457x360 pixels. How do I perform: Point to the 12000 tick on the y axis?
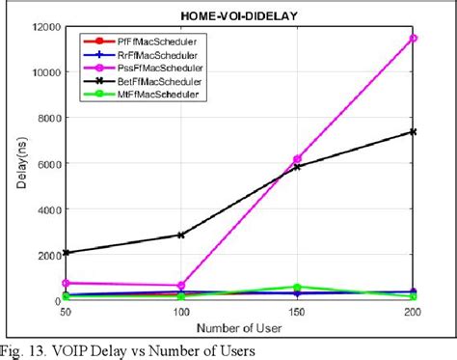tap(42, 27)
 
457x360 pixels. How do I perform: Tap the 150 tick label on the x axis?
tap(297, 315)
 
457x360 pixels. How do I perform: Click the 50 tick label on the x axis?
tap(66, 315)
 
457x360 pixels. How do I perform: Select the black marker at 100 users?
tap(181, 235)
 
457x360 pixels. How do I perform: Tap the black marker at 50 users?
tap(66, 252)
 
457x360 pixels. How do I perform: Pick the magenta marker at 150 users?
tap(297, 159)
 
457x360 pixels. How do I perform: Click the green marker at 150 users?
tap(297, 287)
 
